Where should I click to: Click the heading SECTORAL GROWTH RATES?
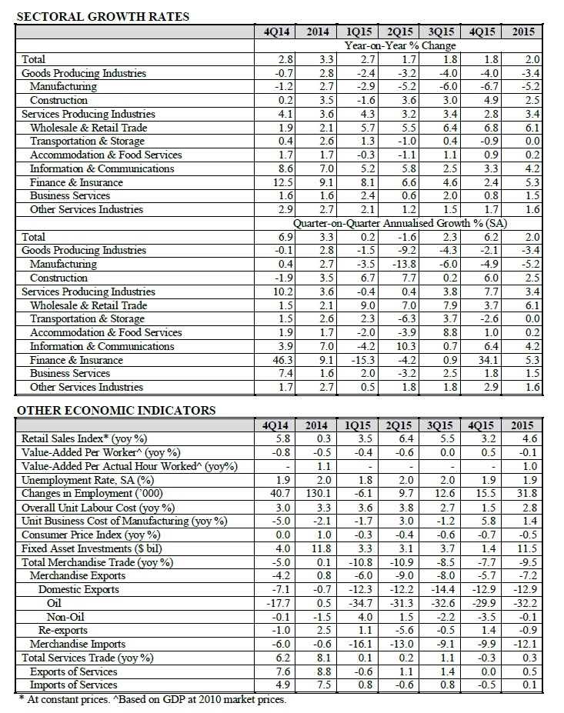point(103,16)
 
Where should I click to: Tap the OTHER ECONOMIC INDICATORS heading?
point(116,410)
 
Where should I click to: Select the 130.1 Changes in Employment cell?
point(318,493)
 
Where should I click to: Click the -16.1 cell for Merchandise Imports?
point(359,644)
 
